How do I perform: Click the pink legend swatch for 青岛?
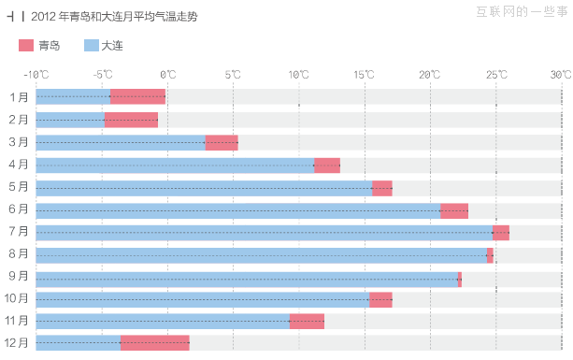(x=25, y=46)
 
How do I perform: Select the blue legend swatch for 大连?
(x=91, y=46)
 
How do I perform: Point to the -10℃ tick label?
(x=36, y=74)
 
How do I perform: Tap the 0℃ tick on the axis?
(x=168, y=74)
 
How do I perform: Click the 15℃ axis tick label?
(x=365, y=74)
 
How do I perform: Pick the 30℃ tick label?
(x=561, y=74)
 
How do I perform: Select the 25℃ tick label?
(x=495, y=74)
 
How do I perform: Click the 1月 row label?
(x=19, y=97)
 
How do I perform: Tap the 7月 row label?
(x=19, y=232)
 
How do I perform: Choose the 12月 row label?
(x=16, y=343)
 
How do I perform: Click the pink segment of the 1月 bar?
(x=137, y=97)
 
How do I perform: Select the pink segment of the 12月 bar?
(x=155, y=343)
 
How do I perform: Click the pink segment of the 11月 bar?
(x=307, y=322)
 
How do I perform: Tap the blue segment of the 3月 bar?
(x=122, y=142)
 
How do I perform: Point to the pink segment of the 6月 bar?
(x=454, y=209)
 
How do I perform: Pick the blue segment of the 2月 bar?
(x=70, y=120)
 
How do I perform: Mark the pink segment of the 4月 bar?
(x=327, y=165)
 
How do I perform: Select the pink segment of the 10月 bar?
(x=380, y=299)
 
